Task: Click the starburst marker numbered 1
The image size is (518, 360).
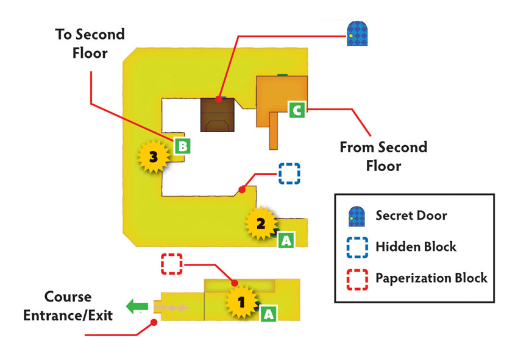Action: click(241, 302)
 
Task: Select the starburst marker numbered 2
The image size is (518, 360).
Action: click(261, 224)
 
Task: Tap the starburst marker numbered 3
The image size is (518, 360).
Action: click(154, 157)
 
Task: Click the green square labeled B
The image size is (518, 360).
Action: click(182, 146)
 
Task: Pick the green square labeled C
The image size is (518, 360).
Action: click(297, 110)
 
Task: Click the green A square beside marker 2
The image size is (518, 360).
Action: click(286, 240)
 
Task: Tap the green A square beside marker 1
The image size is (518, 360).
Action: click(269, 314)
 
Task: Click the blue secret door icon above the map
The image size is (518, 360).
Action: click(357, 34)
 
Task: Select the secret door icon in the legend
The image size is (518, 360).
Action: click(357, 217)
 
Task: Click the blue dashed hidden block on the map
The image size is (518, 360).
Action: click(289, 174)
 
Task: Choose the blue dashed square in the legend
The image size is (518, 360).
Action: click(357, 247)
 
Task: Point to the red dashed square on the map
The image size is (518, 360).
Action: click(172, 264)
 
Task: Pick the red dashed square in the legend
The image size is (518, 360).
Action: click(357, 280)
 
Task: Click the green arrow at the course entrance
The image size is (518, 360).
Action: click(137, 306)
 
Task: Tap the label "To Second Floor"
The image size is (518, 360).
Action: click(90, 44)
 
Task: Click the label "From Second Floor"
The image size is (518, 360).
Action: click(383, 156)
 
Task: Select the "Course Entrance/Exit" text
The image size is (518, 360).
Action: click(68, 306)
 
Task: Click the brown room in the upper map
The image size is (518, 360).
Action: click(218, 115)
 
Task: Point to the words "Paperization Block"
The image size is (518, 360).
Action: click(431, 278)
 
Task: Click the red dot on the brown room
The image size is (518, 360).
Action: click(218, 99)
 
